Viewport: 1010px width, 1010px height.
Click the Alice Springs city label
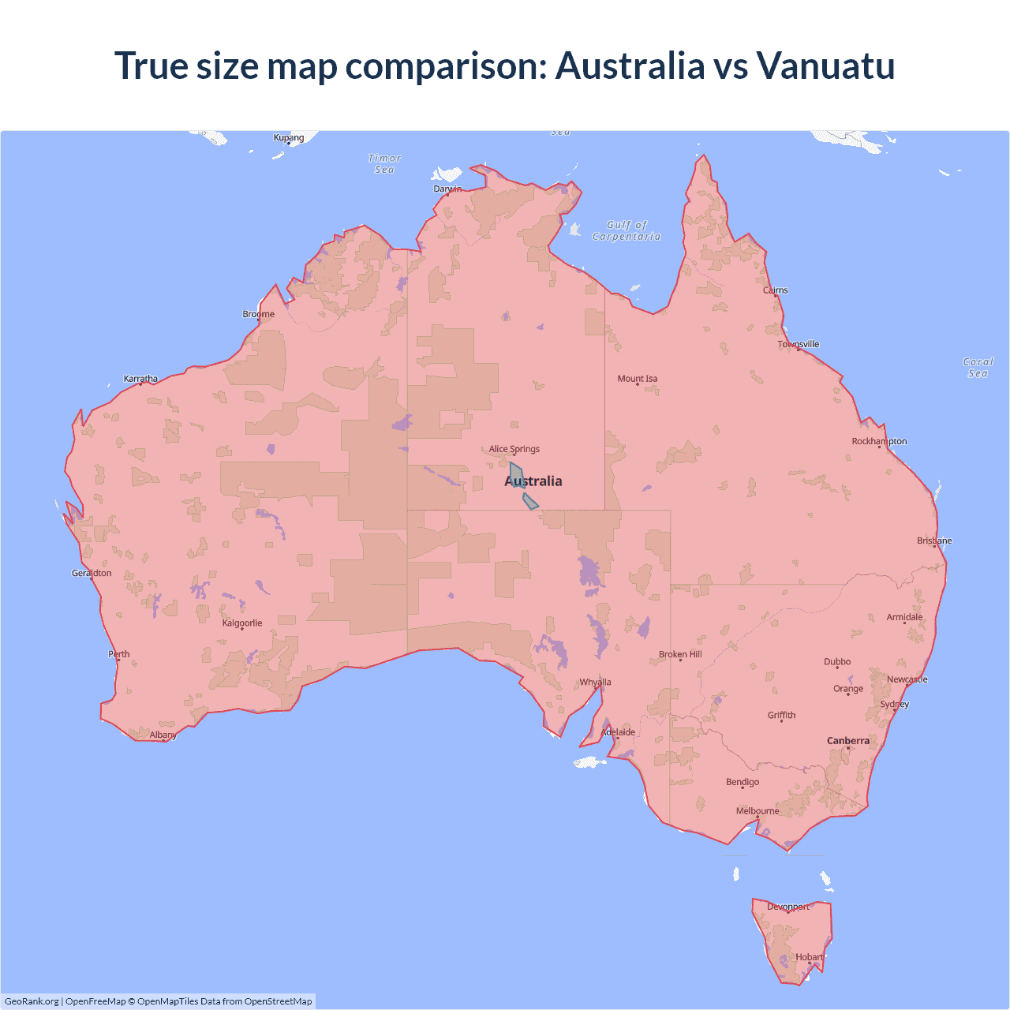514,449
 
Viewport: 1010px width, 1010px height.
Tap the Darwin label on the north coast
447,189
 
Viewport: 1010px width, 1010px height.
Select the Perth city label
119,653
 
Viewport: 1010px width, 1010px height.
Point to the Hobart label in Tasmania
809,957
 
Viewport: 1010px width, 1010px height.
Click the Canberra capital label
848,740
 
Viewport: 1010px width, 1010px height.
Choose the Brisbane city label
934,541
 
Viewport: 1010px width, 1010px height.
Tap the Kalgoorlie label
242,623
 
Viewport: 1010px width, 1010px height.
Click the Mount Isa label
638,378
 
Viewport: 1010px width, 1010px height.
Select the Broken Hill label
680,654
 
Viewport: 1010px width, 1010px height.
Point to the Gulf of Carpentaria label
627,230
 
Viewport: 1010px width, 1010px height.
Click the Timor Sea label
385,163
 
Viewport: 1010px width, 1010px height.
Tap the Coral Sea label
978,368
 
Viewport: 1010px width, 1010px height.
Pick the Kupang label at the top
289,137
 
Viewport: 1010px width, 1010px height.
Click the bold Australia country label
533,481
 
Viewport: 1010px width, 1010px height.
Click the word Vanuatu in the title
825,65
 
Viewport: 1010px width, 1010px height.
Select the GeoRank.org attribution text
32,1001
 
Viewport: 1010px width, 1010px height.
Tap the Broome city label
259,313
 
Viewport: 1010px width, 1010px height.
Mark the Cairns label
776,290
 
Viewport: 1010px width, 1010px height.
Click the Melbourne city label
757,810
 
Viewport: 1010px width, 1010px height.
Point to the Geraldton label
92,573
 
